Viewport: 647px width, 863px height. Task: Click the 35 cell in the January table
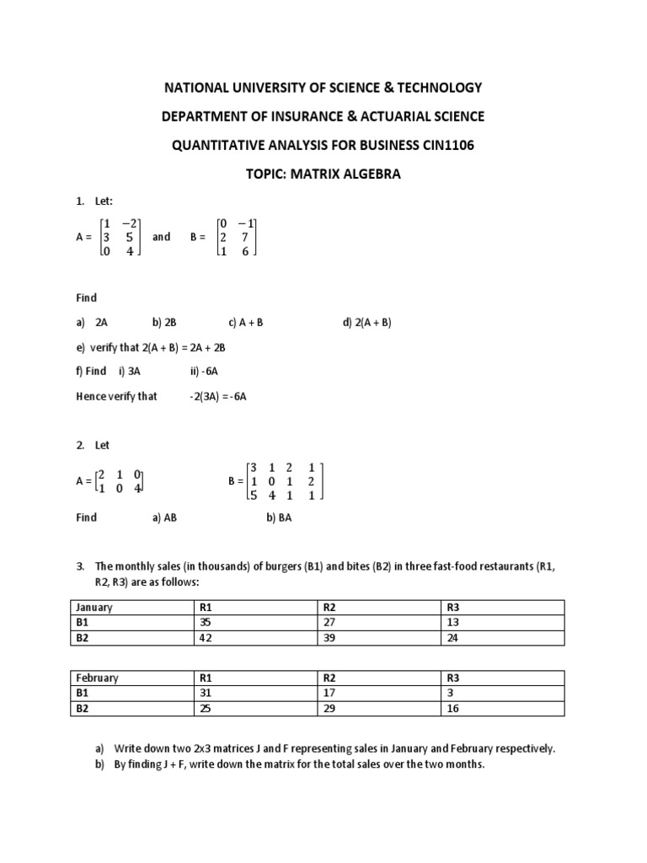[206, 623]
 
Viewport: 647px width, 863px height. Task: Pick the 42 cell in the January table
[206, 638]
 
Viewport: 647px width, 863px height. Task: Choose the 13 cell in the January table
[453, 623]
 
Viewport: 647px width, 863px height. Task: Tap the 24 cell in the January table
[453, 638]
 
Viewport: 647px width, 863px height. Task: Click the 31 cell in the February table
[206, 694]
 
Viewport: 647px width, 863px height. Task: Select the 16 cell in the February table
[453, 709]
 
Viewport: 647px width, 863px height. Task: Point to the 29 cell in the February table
[330, 709]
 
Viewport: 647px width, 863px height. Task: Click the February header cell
[98, 678]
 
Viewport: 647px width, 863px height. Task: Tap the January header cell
[94, 607]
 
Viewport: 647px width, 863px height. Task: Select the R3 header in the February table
[453, 678]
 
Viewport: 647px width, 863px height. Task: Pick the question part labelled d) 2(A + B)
[367, 323]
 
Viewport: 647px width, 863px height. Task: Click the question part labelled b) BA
[279, 517]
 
